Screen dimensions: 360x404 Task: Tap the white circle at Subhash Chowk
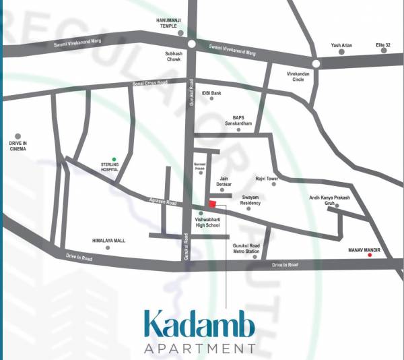pos(191,43)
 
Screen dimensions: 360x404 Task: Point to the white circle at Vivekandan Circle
pos(315,63)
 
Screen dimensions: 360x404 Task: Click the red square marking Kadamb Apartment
pos(212,204)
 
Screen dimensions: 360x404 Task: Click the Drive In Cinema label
pos(18,146)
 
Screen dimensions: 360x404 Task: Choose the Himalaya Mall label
pos(108,240)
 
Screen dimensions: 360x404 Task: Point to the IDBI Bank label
pos(211,92)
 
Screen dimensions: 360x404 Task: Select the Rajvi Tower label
pos(267,179)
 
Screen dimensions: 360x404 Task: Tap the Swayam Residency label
pos(250,200)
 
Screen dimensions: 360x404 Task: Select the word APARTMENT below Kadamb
pos(200,349)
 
